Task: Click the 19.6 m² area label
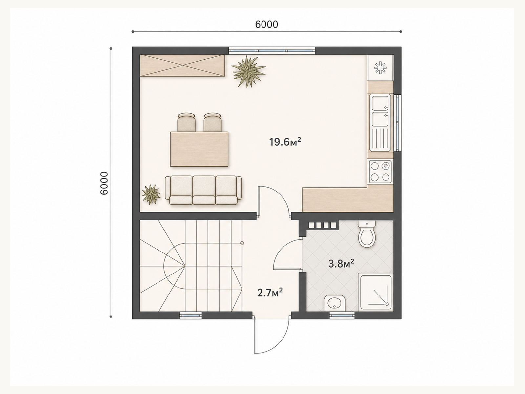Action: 285,142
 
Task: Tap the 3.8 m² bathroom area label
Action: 341,264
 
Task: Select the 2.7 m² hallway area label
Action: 270,293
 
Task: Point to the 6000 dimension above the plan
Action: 266,24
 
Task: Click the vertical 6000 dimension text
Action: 104,183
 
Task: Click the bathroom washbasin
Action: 334,303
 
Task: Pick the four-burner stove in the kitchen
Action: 380,171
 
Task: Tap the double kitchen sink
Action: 381,122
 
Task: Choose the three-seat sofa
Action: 203,190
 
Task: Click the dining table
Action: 199,149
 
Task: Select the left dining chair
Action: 186,122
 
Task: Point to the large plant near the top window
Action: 249,71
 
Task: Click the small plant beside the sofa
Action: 151,194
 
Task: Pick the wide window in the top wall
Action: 272,51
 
